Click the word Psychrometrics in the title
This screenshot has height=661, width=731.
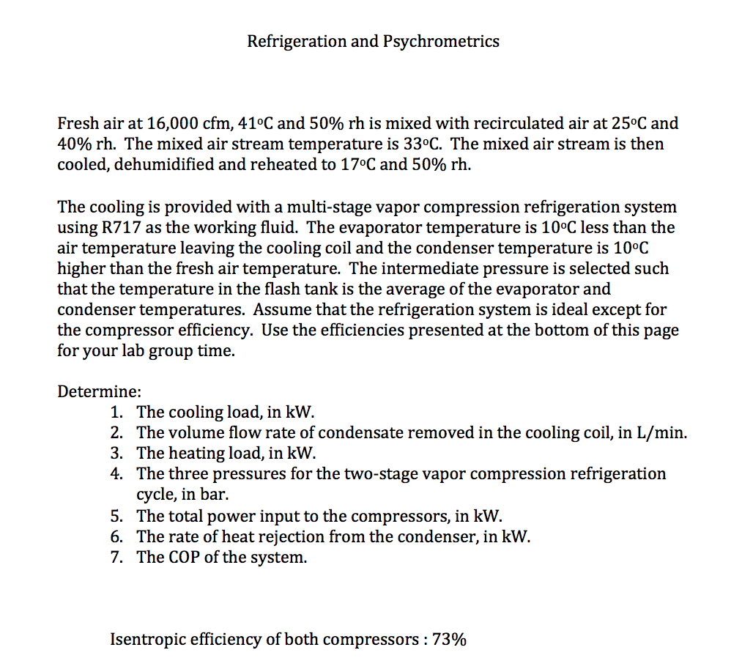pos(441,41)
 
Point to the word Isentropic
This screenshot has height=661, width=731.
pos(149,639)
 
